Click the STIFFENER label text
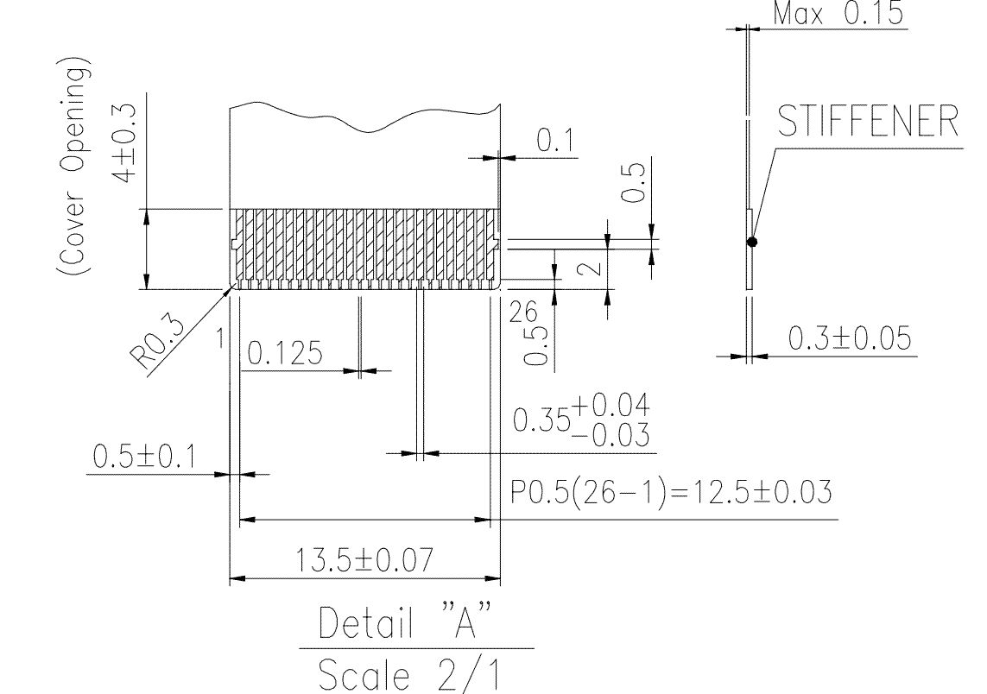[868, 121]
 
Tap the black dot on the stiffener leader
[751, 242]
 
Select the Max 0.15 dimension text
[838, 13]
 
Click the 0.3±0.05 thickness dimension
[850, 338]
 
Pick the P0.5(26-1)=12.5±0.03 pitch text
[671, 492]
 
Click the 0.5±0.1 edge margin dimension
[144, 456]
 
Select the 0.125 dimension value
[285, 353]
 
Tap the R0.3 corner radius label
[157, 342]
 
